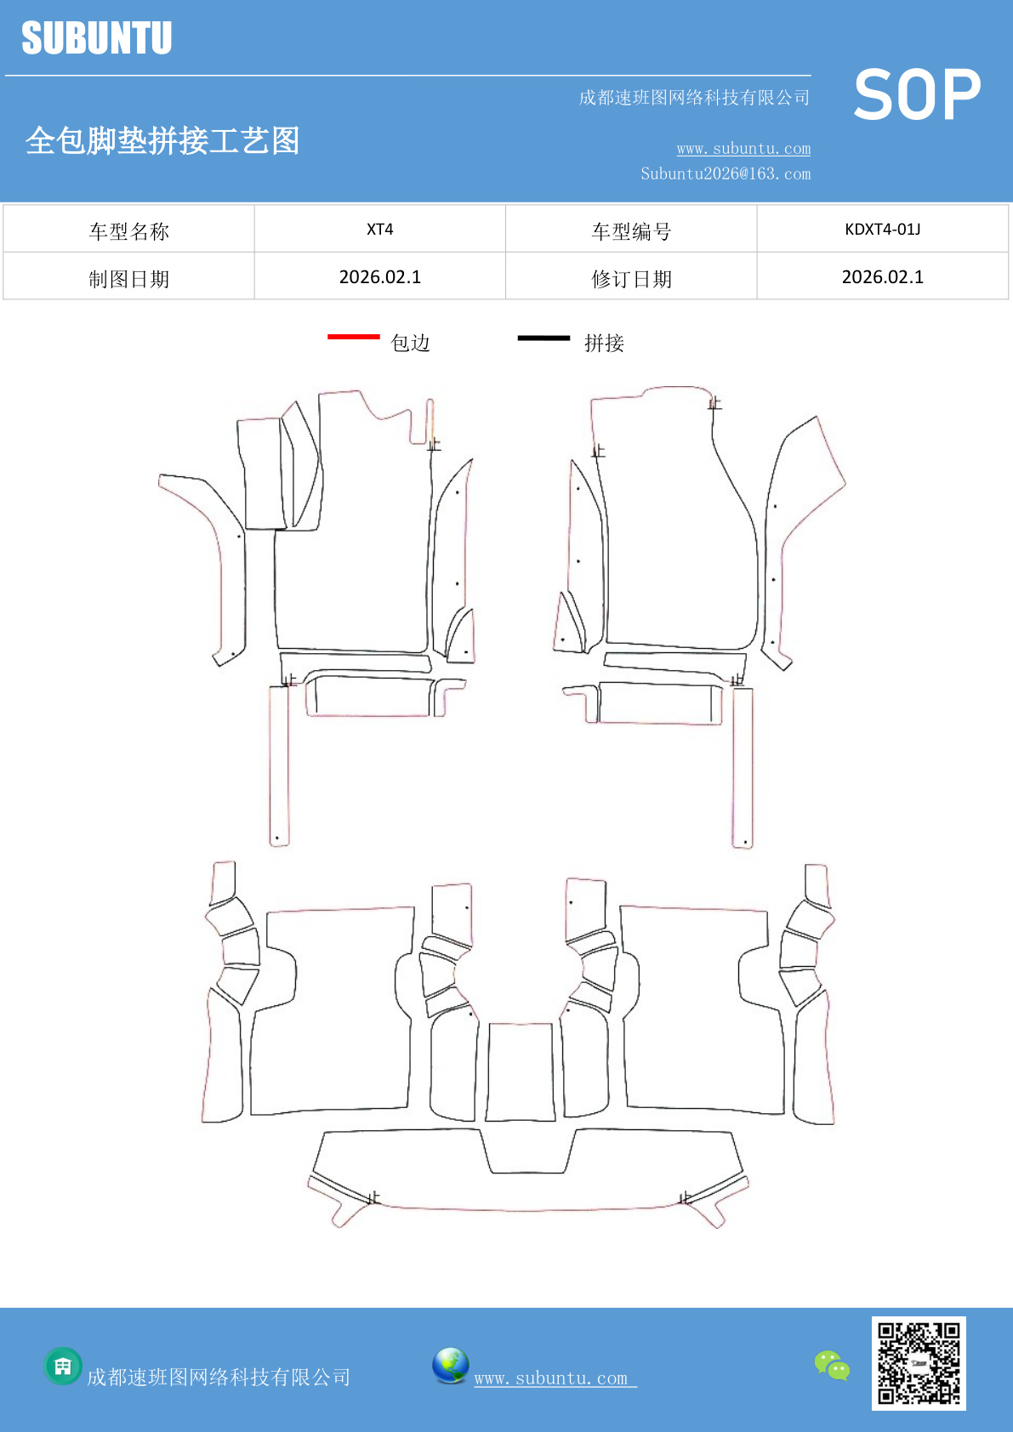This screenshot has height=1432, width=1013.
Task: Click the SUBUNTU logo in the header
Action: click(96, 39)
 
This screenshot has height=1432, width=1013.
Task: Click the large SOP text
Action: click(917, 95)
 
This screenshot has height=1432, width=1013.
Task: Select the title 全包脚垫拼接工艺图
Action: click(162, 140)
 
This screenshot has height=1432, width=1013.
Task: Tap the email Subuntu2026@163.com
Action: click(726, 173)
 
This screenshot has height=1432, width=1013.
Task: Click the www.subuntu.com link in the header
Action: click(743, 149)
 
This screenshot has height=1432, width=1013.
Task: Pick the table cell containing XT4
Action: click(379, 229)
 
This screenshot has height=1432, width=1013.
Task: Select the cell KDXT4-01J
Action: click(882, 229)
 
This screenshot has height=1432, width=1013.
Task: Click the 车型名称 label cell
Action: click(128, 230)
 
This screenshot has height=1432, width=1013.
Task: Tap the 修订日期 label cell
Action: click(631, 278)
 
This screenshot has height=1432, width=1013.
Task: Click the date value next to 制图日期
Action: click(379, 277)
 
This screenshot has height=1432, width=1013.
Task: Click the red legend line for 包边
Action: click(353, 338)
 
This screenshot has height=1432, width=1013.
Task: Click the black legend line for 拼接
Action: click(543, 338)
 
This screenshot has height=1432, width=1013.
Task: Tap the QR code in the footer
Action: click(919, 1363)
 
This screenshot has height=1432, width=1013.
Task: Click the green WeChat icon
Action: click(832, 1366)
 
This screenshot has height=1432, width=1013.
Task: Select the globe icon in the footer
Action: click(450, 1366)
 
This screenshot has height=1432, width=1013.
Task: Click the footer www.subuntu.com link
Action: click(555, 1378)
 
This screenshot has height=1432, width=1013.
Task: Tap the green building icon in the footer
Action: click(63, 1367)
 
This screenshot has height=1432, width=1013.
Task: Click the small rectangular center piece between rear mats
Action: click(521, 1071)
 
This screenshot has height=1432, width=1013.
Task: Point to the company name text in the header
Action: click(694, 98)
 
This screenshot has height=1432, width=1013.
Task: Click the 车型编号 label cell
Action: click(631, 230)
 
